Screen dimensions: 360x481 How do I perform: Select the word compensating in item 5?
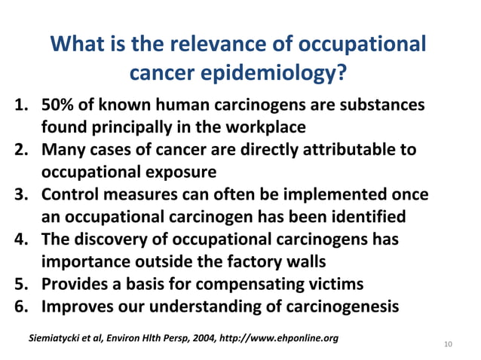[x=256, y=285]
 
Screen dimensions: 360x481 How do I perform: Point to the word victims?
[x=336, y=285]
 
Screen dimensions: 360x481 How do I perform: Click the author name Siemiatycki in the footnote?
[x=60, y=335]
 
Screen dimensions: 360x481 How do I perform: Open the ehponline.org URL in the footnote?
[x=278, y=335]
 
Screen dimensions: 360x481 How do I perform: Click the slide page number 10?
[x=449, y=345]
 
